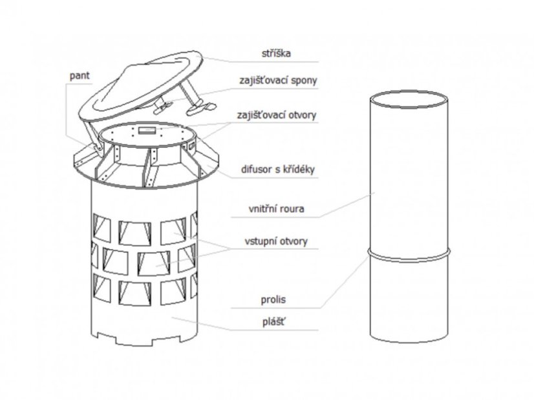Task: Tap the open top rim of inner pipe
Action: pos(409,100)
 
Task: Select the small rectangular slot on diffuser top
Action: pos(148,130)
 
